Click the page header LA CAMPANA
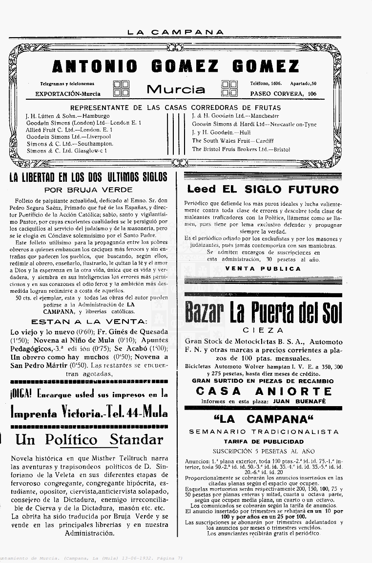click(176, 32)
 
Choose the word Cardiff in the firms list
click(266, 141)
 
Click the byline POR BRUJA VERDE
click(88, 190)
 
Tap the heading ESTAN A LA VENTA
click(88, 322)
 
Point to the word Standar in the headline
click(136, 439)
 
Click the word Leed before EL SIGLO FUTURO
click(201, 189)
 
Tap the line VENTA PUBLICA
click(263, 268)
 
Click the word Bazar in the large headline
click(204, 312)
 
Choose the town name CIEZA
click(263, 330)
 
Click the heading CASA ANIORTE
click(264, 391)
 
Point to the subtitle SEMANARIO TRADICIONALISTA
click(264, 432)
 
